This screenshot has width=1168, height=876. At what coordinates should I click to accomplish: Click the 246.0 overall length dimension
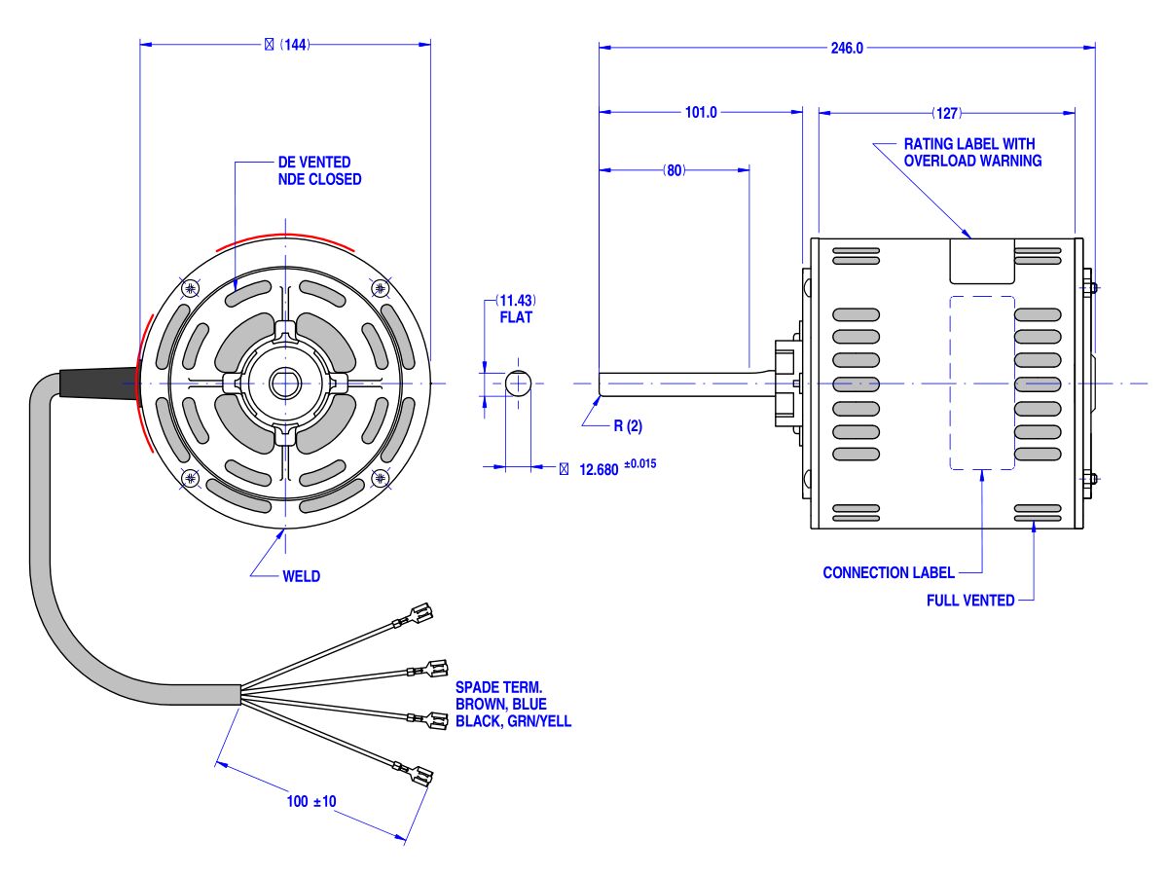(847, 48)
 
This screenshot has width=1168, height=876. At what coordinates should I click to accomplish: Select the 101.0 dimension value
(701, 113)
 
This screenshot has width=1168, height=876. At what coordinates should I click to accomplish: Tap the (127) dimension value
(947, 113)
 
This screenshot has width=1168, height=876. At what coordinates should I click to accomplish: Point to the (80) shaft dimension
(675, 170)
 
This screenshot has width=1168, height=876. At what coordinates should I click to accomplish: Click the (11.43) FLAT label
(516, 309)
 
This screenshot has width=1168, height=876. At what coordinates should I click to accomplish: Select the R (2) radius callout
(628, 425)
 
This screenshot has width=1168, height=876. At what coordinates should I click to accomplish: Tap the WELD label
(302, 576)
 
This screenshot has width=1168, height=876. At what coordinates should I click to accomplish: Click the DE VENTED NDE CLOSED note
(319, 170)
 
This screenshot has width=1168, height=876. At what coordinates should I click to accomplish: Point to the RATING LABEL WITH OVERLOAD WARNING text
(972, 152)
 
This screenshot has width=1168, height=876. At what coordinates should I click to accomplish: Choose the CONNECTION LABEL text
(889, 572)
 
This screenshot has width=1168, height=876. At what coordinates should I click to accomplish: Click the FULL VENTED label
(970, 601)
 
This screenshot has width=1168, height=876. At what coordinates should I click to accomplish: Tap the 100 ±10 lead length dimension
(311, 802)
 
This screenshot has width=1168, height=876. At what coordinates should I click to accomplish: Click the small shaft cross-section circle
(518, 383)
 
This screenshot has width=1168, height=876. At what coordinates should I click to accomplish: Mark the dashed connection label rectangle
(982, 383)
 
